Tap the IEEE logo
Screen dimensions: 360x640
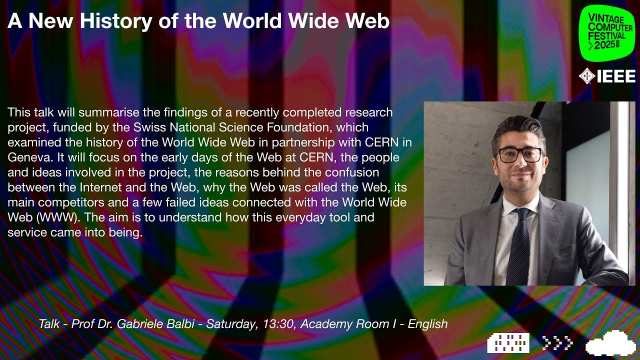pyautogui.click(x=604, y=77)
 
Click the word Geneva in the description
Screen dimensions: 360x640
pyautogui.click(x=31, y=142)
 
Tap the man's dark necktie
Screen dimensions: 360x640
pyautogui.click(x=518, y=246)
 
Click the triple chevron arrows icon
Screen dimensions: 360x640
pyautogui.click(x=556, y=343)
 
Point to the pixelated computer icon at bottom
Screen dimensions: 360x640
pyautogui.click(x=508, y=343)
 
